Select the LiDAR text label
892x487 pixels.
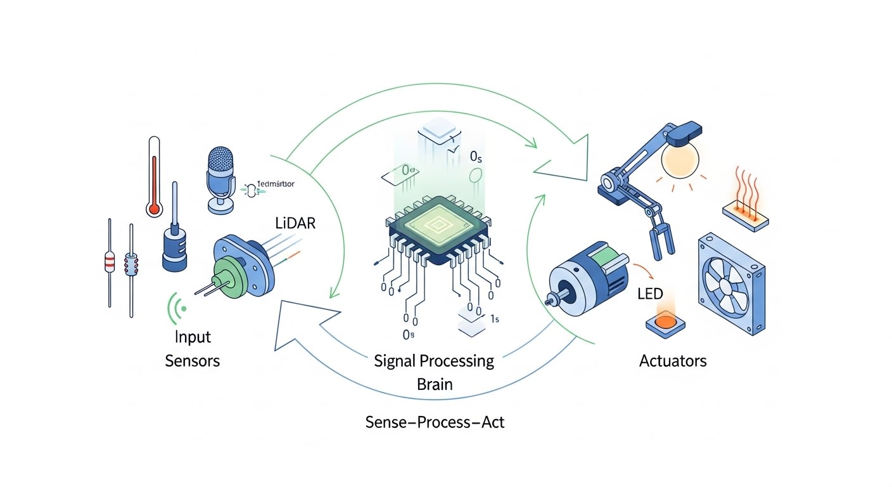[295, 223]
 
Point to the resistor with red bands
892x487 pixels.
[110, 261]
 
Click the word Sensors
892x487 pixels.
[192, 361]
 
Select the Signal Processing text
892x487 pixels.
[434, 361]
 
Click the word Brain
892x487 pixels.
[435, 384]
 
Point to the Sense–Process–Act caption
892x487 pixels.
[435, 422]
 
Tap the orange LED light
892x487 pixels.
[666, 321]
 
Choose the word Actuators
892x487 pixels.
[673, 361]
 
